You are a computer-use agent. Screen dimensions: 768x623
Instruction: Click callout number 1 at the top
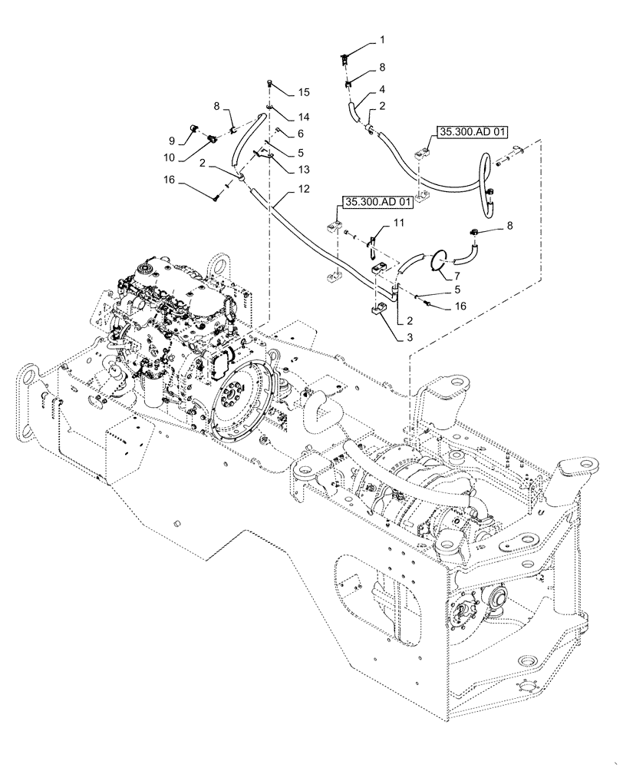[384, 38]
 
